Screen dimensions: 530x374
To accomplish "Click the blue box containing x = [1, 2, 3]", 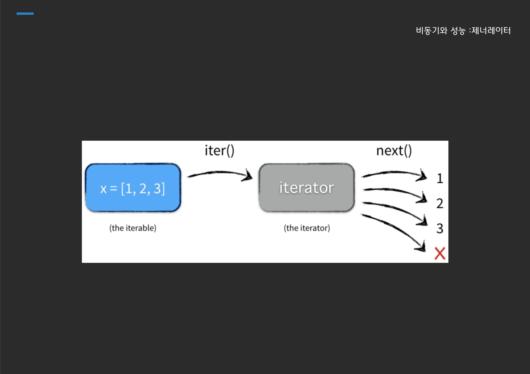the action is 133,188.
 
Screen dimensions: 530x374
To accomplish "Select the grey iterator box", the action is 307,188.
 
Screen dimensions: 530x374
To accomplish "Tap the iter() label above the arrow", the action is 219,151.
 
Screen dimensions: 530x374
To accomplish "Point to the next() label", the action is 394,151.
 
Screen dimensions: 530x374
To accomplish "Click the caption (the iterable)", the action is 133,228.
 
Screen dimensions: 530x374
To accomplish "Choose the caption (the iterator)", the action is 307,228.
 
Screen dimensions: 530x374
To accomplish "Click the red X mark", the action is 440,253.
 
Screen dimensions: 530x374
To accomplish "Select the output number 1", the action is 440,178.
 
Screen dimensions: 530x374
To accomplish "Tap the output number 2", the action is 440,204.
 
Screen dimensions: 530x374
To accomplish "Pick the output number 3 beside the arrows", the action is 440,229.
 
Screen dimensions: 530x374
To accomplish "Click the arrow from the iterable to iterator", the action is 219,173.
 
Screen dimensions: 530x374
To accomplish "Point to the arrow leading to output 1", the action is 394,173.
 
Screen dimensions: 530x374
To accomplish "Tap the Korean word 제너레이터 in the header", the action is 491,30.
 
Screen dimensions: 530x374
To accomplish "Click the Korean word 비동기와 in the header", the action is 431,30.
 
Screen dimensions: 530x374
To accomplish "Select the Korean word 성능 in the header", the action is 458,30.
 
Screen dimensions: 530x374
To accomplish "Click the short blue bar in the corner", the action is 25,13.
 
